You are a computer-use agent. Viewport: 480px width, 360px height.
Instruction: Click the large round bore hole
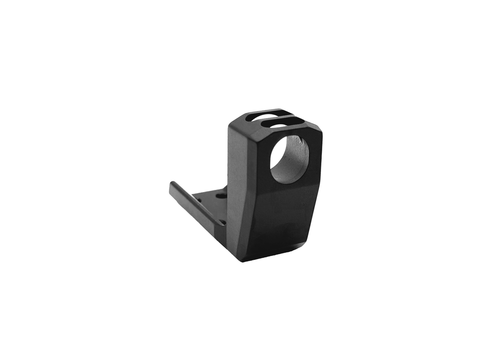click(289, 159)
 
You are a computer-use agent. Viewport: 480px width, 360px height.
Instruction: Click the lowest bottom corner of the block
click(243, 260)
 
